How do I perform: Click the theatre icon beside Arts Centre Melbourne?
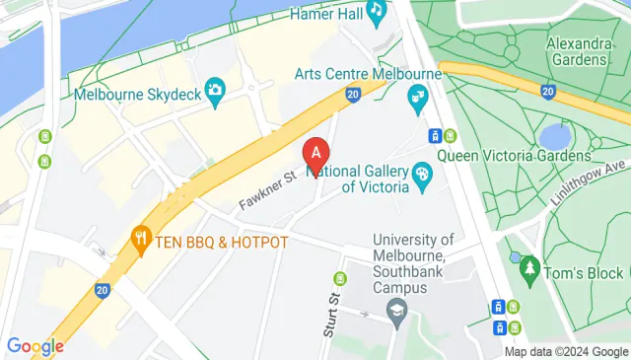[417, 96]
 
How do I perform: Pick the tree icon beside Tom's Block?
[529, 266]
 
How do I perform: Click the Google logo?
[35, 346]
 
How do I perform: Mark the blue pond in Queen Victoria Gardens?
[555, 134]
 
